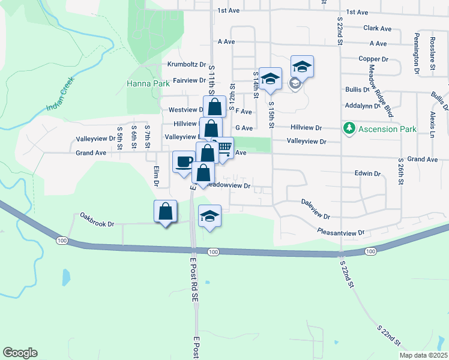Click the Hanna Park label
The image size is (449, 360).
coord(148,84)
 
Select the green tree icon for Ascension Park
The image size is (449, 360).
coord(349,128)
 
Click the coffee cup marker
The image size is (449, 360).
coord(184,161)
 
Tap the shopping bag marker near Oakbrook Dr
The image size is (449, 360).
coord(165,211)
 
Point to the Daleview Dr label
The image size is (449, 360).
coord(316,208)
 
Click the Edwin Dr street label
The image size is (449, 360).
coord(368,173)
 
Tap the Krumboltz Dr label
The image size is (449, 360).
coord(187,64)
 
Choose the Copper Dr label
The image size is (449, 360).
coord(374,59)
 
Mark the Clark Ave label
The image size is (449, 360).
coord(378,28)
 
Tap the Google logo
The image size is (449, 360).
coord(20,353)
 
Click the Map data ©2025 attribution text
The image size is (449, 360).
coord(423,355)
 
